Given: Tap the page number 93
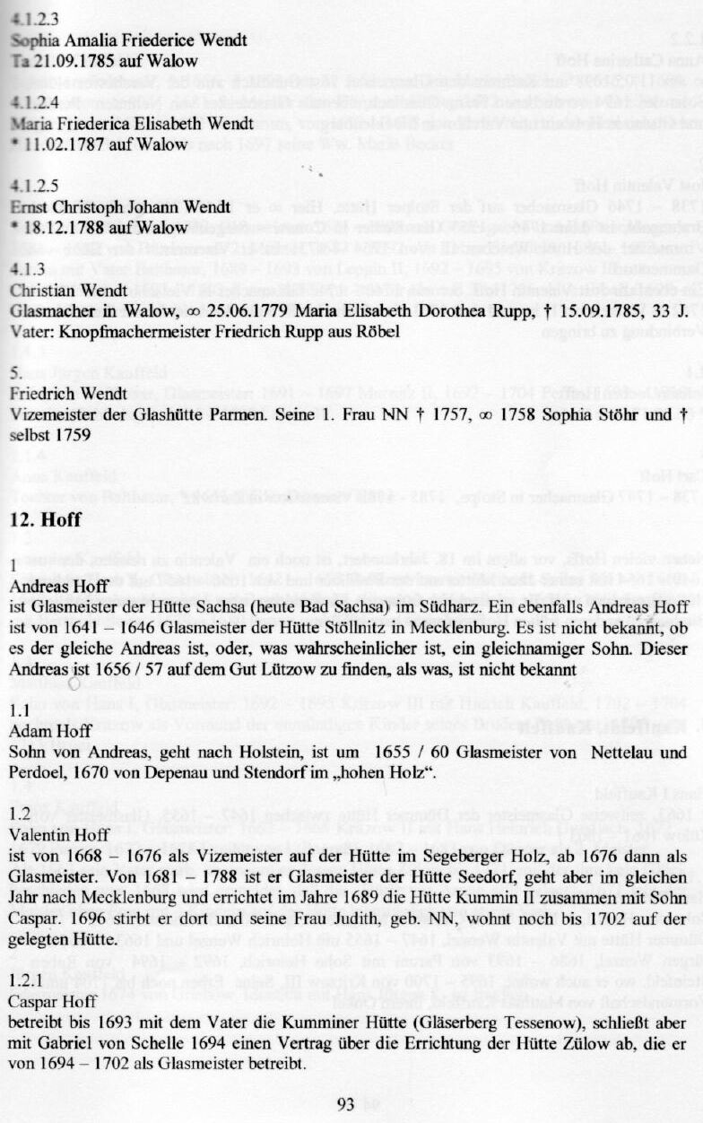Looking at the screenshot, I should tap(346, 1104).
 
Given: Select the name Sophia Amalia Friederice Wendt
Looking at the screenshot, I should tap(128, 40).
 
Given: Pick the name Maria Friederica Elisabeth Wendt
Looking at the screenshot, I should tap(137, 122).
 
